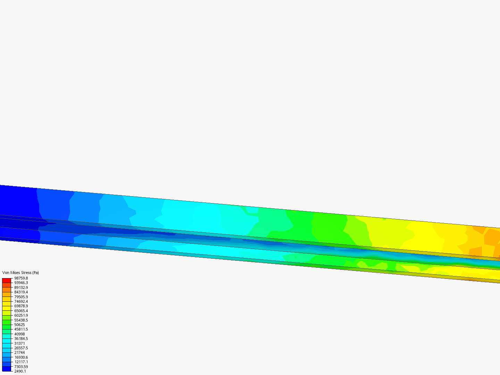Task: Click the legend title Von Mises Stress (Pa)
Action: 20,273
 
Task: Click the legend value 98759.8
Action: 21,278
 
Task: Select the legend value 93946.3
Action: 21,283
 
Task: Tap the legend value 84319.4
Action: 21,292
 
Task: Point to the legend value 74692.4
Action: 21,301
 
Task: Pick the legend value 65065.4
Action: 21,311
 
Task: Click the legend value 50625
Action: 19,325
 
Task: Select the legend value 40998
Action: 19,334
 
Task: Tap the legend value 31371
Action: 19,343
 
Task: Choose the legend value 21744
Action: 19,352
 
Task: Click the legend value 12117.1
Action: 21,362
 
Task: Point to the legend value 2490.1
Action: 20,371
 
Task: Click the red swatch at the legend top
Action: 7,280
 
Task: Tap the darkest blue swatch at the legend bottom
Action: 7,369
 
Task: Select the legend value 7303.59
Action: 21,367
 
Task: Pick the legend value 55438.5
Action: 21,320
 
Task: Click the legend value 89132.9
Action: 21,287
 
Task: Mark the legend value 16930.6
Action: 21,357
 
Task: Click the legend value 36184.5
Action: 21,339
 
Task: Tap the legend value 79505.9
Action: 21,297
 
